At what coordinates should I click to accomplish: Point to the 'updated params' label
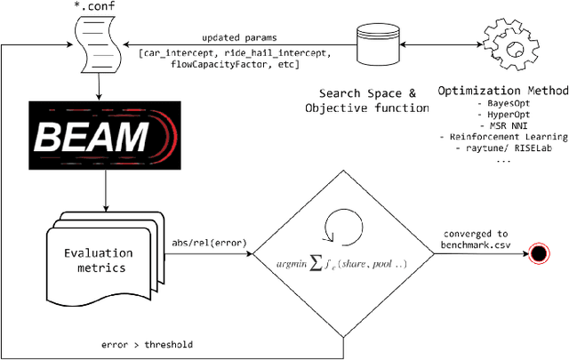point(237,38)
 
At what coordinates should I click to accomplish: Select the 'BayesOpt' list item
point(503,104)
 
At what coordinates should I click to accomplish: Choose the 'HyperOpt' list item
point(503,115)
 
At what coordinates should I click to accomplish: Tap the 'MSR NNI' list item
point(503,125)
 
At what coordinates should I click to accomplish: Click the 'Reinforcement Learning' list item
point(503,137)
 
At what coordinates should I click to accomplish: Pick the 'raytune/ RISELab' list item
point(503,148)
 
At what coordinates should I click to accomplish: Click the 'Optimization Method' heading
point(503,91)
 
